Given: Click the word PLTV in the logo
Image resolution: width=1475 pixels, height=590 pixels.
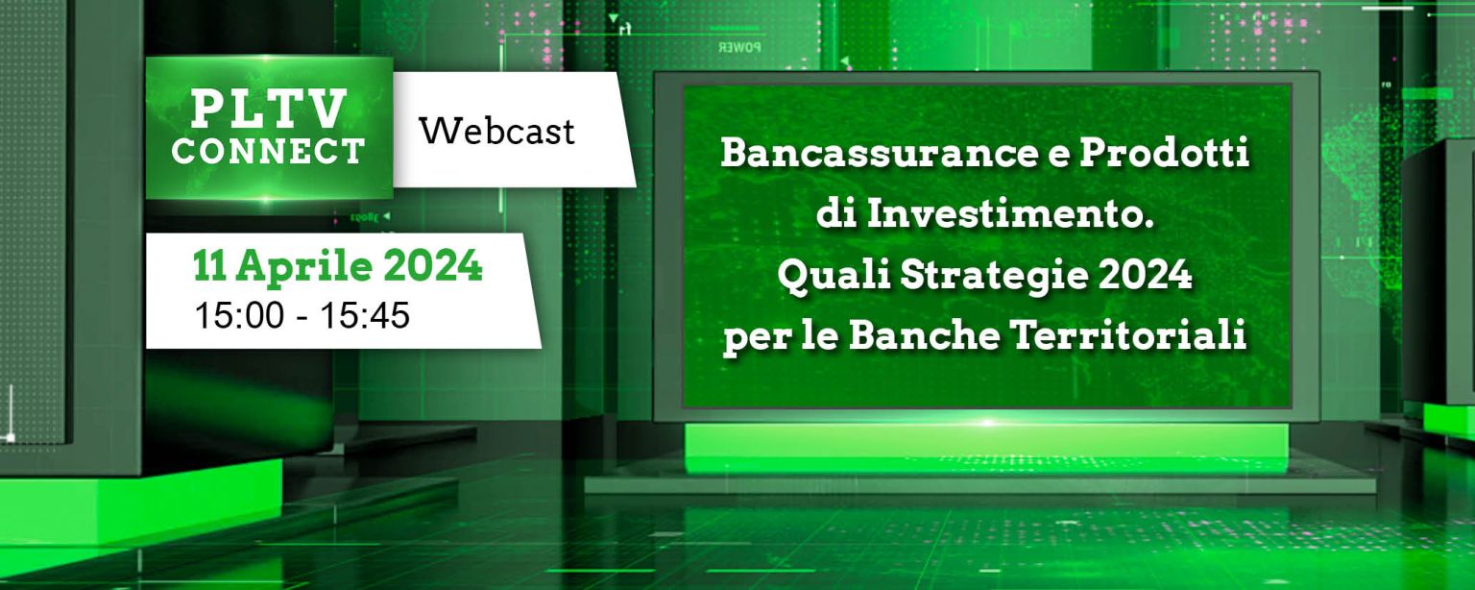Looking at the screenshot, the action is pos(269,109).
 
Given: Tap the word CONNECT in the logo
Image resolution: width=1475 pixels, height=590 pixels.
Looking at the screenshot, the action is pos(269,151).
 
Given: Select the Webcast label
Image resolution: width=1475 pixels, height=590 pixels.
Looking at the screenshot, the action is pos(497,131).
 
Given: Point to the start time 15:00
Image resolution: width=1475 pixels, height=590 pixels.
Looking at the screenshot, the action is pos(239,315).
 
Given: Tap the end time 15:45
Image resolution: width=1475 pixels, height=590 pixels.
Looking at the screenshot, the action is pos(365,315).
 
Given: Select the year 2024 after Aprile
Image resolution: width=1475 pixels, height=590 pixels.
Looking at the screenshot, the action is pos(433,266).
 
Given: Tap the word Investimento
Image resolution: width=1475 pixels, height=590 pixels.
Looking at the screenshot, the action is pos(1010,214).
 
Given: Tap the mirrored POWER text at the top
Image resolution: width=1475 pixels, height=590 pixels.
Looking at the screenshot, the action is pos(739,47).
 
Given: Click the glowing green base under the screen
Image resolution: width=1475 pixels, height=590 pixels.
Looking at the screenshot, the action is pos(986,448).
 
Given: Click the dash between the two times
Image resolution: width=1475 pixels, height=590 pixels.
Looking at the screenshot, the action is pos(302,317).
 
